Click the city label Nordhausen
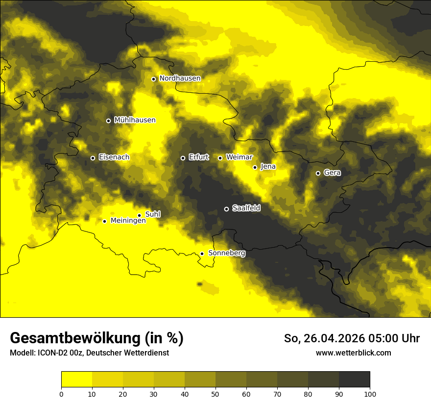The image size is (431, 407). [x=180, y=78]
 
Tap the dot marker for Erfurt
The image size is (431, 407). [x=183, y=158]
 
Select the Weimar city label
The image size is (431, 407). [x=239, y=157]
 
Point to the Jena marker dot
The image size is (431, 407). [x=255, y=167]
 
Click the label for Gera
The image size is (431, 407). [x=332, y=173]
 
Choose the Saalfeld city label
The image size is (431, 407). [x=246, y=208]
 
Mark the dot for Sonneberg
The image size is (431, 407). [x=202, y=254]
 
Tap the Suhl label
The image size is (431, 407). [x=153, y=214]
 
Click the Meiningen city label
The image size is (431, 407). [x=128, y=221]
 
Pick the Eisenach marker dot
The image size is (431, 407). [x=93, y=158]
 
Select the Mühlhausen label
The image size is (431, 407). [x=135, y=120]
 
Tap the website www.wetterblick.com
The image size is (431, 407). [x=353, y=353]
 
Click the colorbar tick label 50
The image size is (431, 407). [x=215, y=393]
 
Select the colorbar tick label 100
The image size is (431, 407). [x=370, y=393]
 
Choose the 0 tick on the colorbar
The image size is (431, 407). [x=61, y=393]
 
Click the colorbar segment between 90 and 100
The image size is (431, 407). [x=354, y=380]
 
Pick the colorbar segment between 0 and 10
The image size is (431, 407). [x=76, y=380]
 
